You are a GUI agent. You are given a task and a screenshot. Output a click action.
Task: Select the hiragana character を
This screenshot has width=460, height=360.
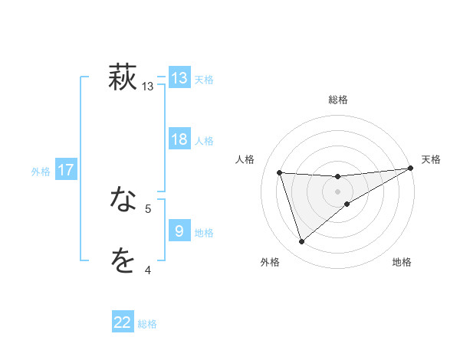click(123, 261)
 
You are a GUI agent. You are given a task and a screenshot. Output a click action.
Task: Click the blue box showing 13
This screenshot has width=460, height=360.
click(179, 78)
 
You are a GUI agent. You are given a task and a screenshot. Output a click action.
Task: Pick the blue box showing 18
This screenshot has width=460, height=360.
click(179, 139)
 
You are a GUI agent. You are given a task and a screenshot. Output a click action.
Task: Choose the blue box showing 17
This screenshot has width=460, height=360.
click(66, 170)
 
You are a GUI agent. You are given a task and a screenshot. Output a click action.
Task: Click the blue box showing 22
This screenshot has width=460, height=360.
click(123, 322)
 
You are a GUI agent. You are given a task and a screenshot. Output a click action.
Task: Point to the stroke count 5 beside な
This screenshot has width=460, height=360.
click(148, 208)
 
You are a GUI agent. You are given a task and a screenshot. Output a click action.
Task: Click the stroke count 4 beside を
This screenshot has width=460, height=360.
click(148, 270)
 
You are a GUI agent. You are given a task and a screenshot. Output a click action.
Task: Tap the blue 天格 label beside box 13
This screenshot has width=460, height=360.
click(204, 80)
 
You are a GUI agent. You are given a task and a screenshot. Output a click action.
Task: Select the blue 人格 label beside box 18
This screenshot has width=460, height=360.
click(204, 141)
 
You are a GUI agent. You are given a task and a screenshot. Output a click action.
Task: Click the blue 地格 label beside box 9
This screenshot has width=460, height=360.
click(204, 233)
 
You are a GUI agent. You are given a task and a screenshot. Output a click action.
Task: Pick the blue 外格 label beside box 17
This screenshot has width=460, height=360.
click(41, 172)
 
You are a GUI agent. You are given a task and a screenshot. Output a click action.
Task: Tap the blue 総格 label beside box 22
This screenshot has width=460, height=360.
click(147, 324)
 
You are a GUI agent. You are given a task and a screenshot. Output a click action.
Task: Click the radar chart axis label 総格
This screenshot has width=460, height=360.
click(337, 100)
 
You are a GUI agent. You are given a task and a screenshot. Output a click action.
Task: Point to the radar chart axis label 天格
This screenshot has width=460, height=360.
click(431, 159)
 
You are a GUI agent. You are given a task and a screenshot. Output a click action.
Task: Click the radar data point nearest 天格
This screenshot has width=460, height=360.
click(410, 168)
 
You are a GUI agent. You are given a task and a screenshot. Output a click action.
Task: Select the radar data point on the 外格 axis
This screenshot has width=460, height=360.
click(301, 242)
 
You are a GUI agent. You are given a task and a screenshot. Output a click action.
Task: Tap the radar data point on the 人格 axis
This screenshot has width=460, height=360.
click(280, 173)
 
